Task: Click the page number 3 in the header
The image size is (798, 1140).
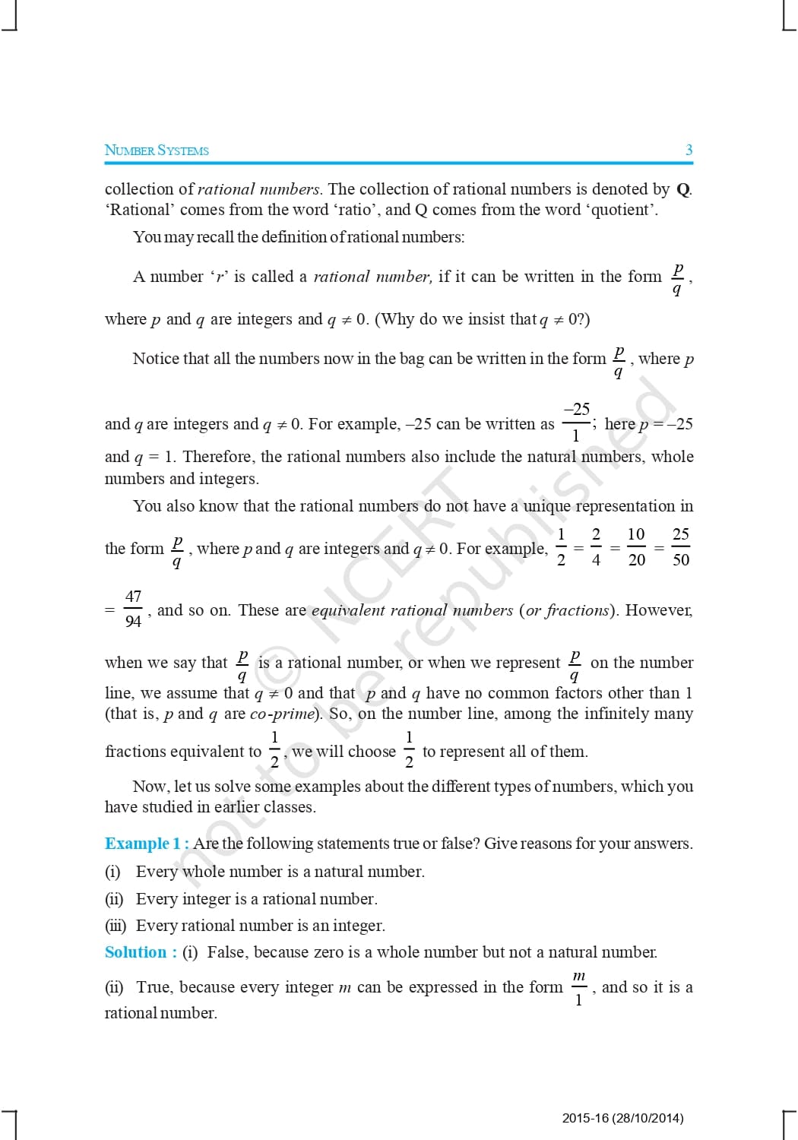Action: [689, 150]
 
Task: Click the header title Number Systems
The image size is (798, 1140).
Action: [157, 150]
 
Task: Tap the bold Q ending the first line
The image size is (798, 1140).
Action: [682, 189]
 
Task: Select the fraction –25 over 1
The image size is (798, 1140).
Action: [576, 422]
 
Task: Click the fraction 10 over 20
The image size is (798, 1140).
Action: [636, 547]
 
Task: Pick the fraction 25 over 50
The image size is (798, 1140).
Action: [681, 547]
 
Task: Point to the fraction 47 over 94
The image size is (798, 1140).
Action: [133, 609]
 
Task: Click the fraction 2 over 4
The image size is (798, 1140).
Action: [596, 547]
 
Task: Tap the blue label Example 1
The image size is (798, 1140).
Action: [143, 844]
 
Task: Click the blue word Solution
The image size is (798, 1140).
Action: [136, 952]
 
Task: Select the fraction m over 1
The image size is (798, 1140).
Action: [578, 987]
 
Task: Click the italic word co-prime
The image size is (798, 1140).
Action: [282, 714]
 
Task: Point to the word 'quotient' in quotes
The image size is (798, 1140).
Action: [620, 210]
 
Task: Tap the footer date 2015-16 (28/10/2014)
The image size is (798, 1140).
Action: [622, 1118]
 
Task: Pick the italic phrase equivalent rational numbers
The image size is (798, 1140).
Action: [412, 610]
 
